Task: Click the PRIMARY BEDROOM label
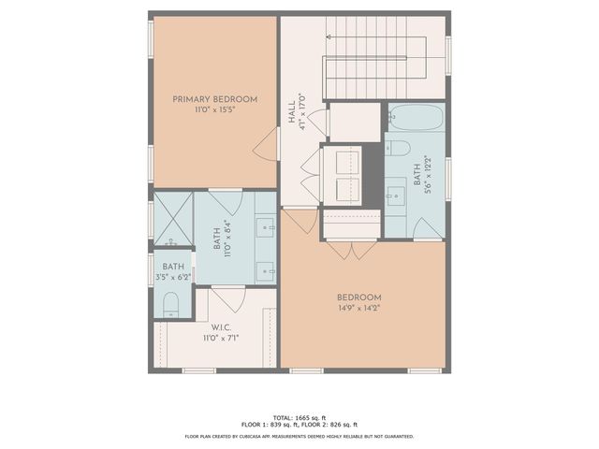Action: (x=214, y=98)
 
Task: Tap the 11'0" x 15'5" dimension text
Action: (x=214, y=109)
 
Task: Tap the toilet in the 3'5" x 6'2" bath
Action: (x=170, y=302)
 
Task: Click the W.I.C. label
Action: (x=221, y=327)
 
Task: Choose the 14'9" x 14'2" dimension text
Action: (x=359, y=308)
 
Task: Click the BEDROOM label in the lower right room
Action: (x=359, y=297)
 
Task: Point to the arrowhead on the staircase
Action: (x=329, y=36)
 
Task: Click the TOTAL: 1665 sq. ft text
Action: (x=299, y=416)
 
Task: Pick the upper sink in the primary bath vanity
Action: (x=267, y=225)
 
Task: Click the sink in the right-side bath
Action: (x=393, y=195)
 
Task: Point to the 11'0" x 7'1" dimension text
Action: (x=221, y=339)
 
